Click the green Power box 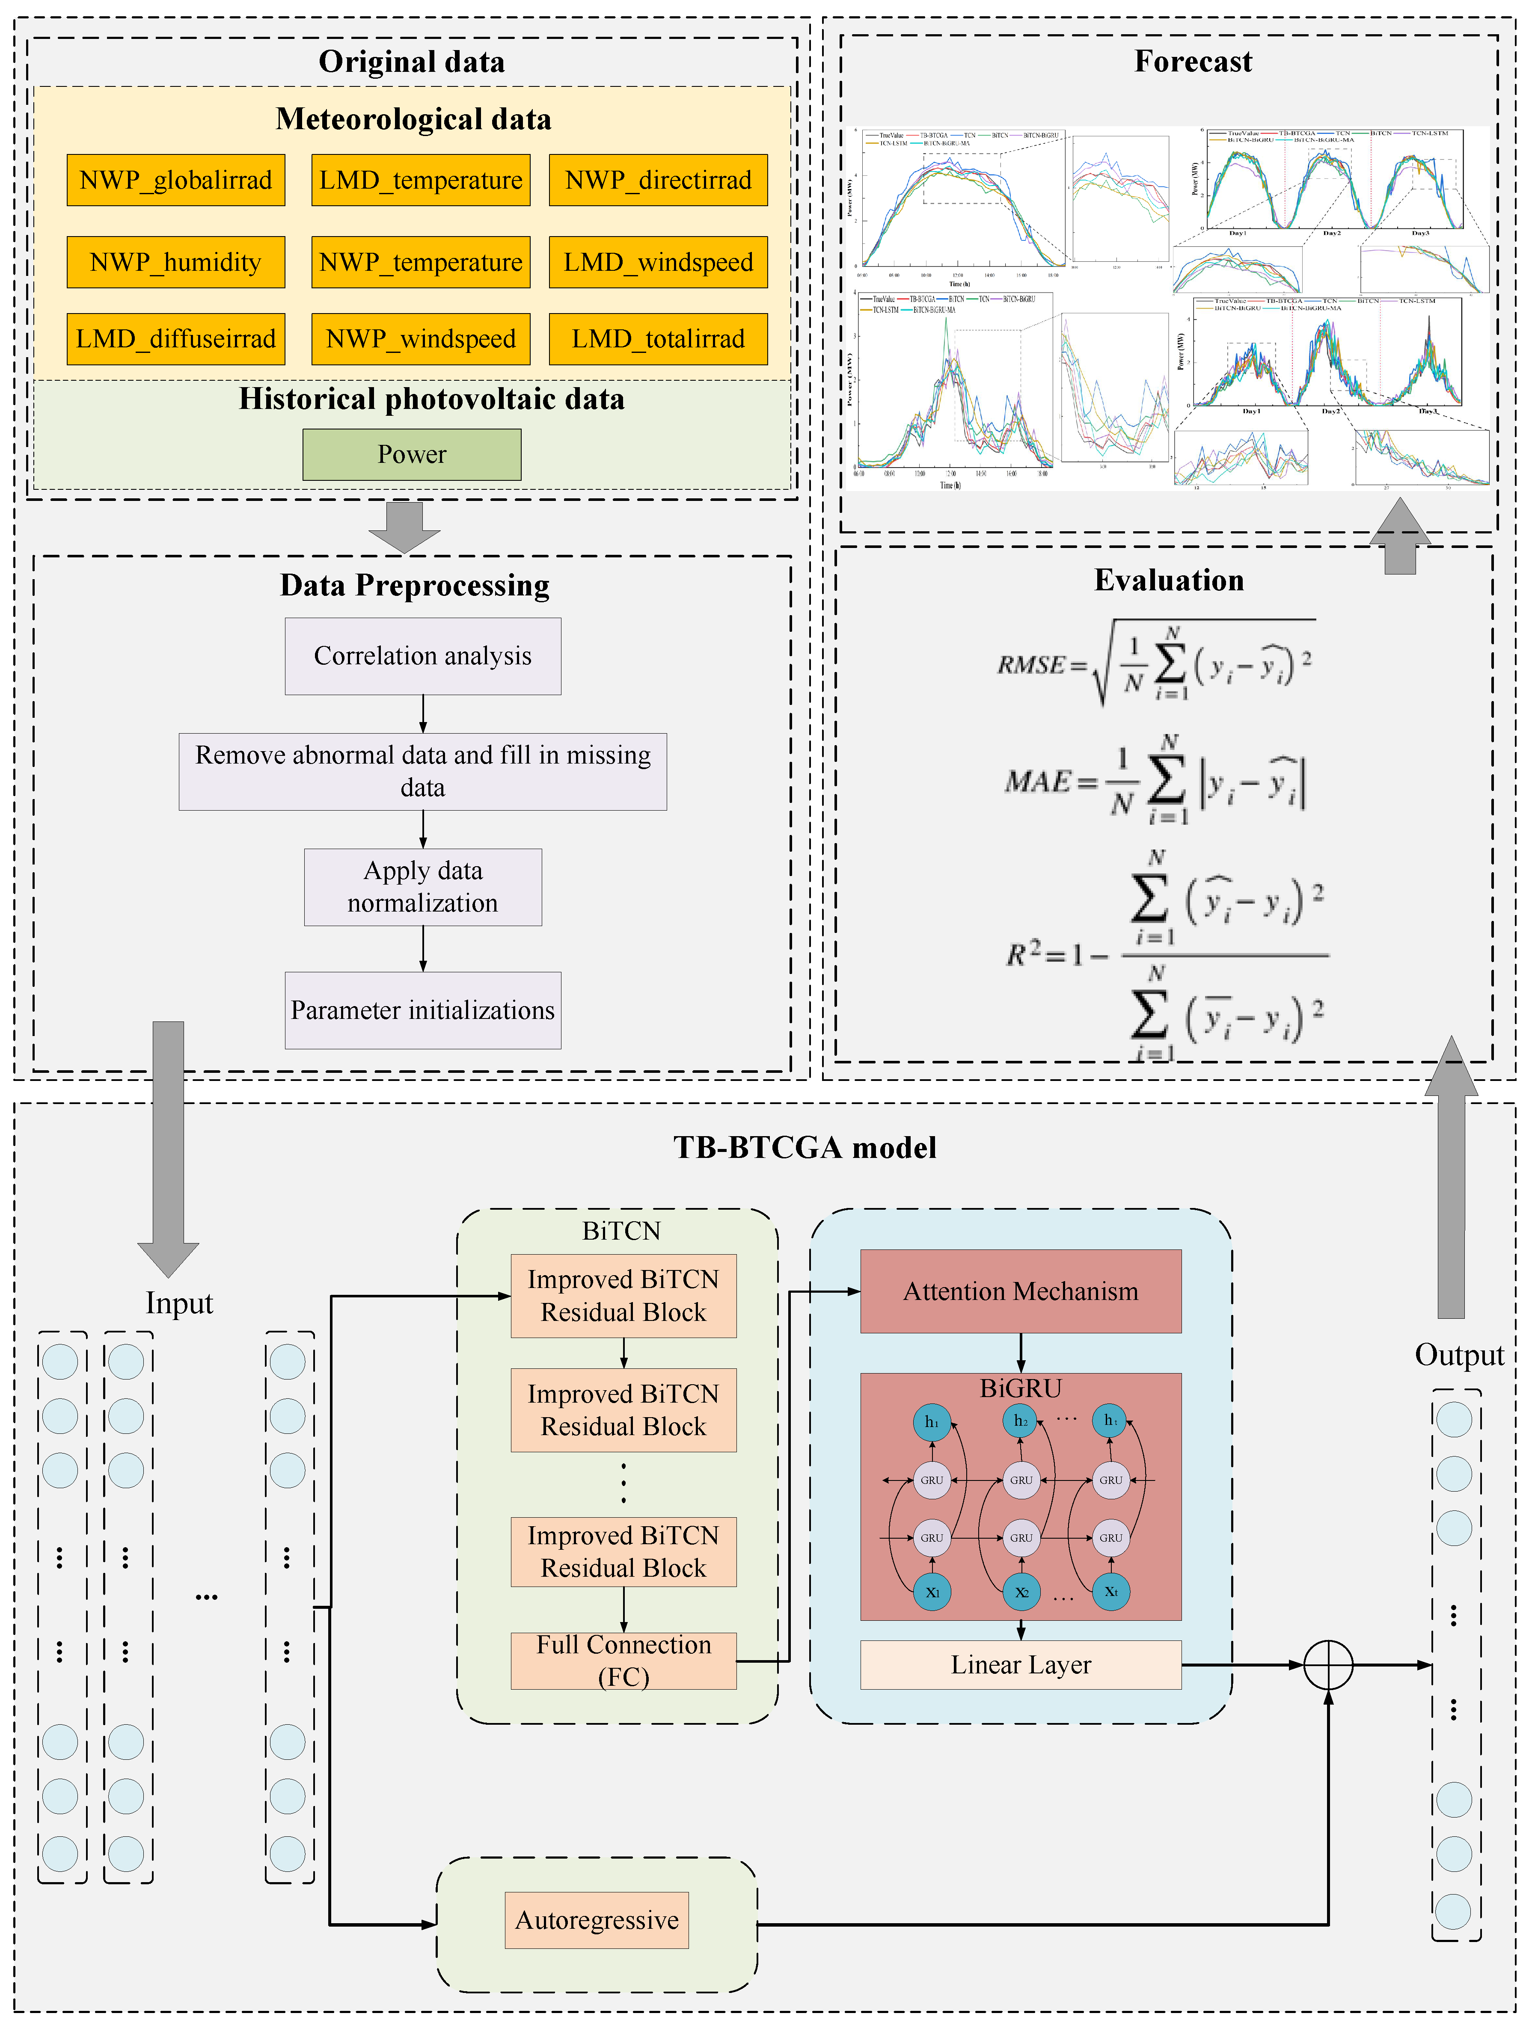(x=412, y=455)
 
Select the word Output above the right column (x=1458, y=1355)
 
